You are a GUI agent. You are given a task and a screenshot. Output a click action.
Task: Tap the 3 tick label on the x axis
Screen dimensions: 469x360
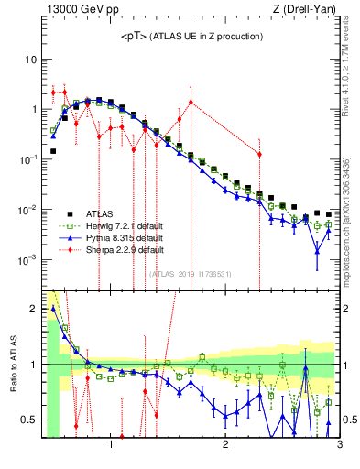[338, 446]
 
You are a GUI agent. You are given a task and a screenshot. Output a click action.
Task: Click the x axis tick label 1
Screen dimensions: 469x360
[111, 446]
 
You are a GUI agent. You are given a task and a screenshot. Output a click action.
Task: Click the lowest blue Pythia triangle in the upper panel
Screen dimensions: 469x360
[317, 251]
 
